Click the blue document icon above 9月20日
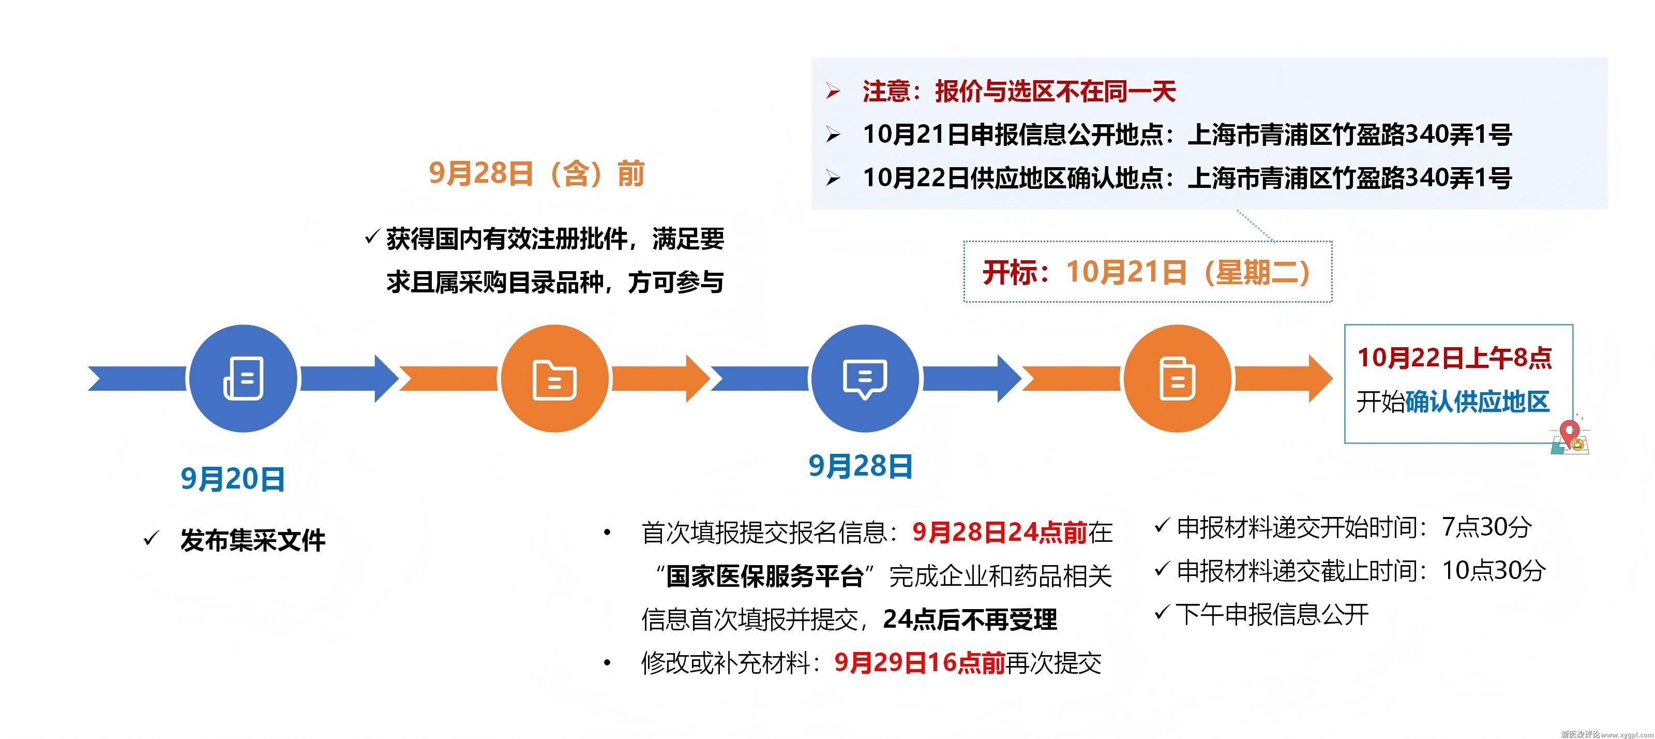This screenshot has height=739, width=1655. (243, 378)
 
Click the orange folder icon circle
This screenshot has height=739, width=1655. (554, 378)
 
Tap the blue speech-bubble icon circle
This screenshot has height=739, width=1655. (865, 378)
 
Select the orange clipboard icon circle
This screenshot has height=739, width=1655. (1177, 378)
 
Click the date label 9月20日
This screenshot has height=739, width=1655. (233, 479)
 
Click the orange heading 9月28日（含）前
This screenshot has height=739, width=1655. (536, 173)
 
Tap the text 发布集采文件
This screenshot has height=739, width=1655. (252, 540)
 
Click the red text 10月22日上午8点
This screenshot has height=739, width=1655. (1454, 358)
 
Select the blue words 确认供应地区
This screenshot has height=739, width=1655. (1477, 402)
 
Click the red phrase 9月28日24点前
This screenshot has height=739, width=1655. (1000, 532)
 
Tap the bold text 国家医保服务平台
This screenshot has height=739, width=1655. (764, 577)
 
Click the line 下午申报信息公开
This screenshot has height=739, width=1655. (1271, 614)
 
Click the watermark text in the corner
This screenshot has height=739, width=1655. (1606, 734)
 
